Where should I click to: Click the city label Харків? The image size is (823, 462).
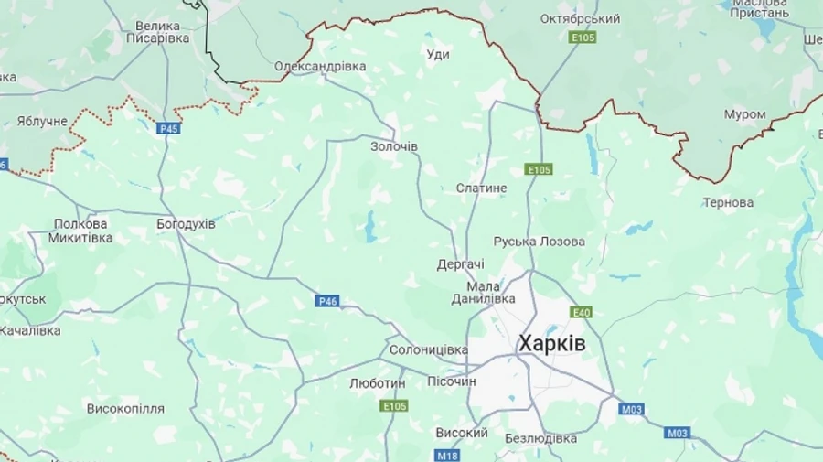point(551,344)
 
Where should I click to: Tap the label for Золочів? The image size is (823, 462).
point(394,146)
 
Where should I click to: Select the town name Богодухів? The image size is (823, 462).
point(186,223)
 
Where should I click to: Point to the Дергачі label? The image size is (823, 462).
point(460,263)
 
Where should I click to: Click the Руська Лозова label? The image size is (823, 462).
point(539,242)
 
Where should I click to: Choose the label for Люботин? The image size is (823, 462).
point(377,383)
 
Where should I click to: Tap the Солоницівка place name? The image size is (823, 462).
point(428,349)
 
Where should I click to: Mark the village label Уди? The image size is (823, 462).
point(438,55)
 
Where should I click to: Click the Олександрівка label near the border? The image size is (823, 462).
point(320,67)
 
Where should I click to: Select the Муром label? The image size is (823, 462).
point(744,114)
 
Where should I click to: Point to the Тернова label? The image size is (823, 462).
point(728,202)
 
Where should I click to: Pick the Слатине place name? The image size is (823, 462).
point(481,188)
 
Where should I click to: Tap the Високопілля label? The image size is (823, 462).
point(125,408)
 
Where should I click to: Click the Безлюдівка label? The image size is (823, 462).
point(540,438)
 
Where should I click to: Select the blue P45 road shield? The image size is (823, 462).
point(168,129)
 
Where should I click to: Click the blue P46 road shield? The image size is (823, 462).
point(327,301)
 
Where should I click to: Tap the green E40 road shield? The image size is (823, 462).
point(581,312)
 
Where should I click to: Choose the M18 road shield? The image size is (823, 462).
point(446,456)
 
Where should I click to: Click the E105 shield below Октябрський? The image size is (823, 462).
point(582,38)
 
